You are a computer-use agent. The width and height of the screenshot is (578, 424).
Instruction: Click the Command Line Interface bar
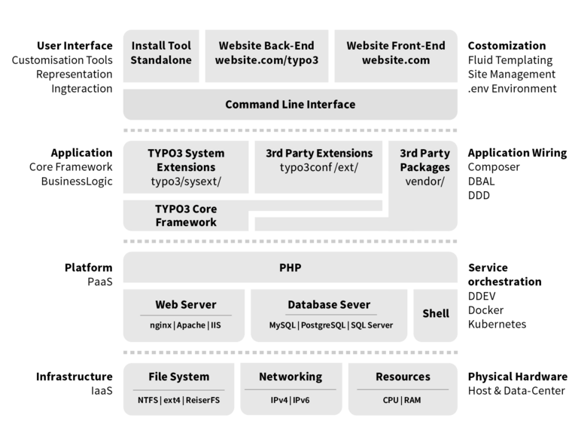click(290, 104)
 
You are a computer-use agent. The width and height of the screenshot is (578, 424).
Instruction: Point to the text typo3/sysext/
click(185, 181)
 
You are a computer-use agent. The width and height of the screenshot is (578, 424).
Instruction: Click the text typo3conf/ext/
click(318, 167)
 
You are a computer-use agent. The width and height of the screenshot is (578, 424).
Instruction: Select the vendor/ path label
click(424, 181)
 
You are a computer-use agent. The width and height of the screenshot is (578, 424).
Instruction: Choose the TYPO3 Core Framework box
click(185, 215)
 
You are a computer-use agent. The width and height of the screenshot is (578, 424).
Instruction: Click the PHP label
click(290, 267)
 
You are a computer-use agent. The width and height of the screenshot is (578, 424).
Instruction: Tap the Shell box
click(435, 313)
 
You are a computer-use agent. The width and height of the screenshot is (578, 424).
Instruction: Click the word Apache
click(192, 326)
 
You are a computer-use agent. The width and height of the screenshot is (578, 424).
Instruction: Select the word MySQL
click(282, 326)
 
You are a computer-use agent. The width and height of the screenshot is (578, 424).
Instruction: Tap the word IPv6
click(300, 400)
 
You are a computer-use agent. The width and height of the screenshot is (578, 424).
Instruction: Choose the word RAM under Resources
click(412, 400)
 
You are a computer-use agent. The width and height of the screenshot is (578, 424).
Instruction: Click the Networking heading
click(290, 377)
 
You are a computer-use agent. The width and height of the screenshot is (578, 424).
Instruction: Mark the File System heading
click(178, 377)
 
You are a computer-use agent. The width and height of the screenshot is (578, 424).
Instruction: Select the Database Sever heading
click(329, 304)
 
